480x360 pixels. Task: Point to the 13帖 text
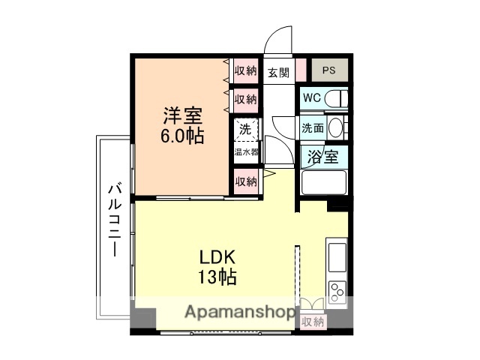coord(217,277)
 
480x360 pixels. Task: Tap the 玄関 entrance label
coord(278,72)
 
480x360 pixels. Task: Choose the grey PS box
coord(329,71)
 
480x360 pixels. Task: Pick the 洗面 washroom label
coord(313,127)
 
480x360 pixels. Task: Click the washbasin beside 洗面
coord(335,127)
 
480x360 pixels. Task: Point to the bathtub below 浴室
coord(323,182)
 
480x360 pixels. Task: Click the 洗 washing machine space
coord(245,129)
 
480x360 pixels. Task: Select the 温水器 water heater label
coord(245,151)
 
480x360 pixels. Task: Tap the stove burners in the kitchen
coord(337,289)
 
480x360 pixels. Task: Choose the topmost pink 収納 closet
coord(245,72)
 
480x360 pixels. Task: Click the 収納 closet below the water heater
coord(246,181)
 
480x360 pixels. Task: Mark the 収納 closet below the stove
coord(313,320)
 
